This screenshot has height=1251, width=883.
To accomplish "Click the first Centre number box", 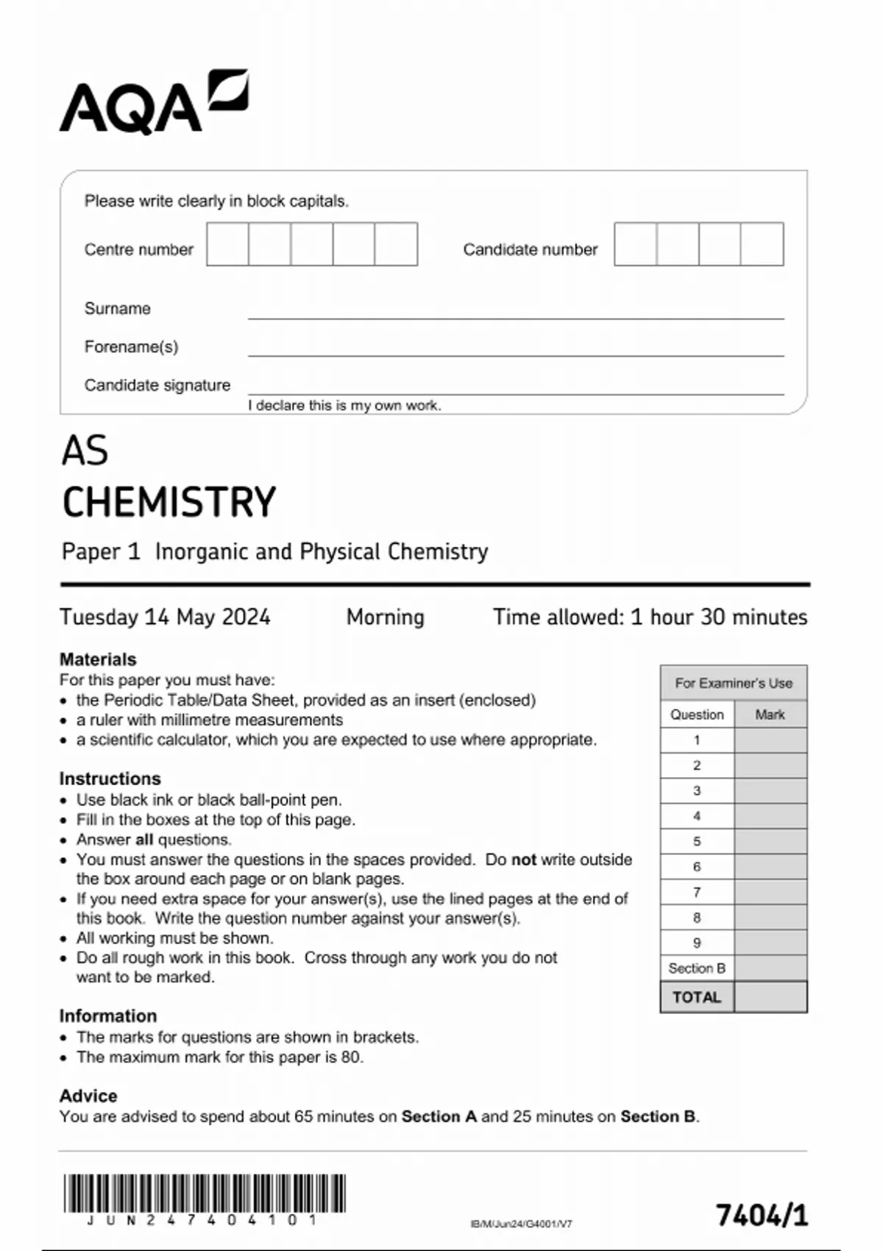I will [227, 244].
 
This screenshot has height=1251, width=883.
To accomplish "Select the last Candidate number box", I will [762, 244].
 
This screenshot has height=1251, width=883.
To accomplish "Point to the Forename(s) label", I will [131, 347].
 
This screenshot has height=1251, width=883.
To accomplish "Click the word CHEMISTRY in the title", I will [169, 503].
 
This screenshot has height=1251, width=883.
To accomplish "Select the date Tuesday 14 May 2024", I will [165, 617].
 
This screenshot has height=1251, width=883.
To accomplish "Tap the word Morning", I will [385, 617].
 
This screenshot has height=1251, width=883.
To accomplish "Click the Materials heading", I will [98, 659].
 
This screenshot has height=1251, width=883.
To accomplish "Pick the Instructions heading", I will [110, 779].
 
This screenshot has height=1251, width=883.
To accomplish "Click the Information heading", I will [108, 1016].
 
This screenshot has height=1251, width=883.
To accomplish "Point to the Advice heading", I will [88, 1096].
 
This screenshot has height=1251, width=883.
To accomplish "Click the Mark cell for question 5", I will [770, 841].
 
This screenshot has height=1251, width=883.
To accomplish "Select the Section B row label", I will [696, 968].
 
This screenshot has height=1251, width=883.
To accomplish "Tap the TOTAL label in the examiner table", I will [696, 997].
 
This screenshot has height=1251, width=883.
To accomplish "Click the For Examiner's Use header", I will [734, 683].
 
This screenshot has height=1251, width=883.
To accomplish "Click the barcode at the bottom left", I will [204, 1193].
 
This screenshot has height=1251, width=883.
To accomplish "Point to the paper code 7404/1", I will [762, 1215].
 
